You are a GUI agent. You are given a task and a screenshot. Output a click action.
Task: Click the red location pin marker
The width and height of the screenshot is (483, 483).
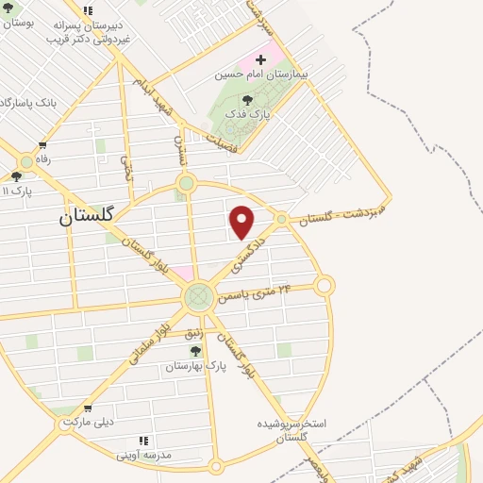(x=242, y=222)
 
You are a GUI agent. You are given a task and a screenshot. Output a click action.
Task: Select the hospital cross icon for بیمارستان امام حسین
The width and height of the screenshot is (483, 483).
(x=260, y=59)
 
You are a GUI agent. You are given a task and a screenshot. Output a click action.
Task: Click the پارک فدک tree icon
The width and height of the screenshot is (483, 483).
(x=247, y=99)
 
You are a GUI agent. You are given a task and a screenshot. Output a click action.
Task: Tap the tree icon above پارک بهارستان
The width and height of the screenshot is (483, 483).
(x=195, y=350)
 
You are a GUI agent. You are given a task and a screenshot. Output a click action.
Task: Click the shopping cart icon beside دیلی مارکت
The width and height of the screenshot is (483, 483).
(x=88, y=409)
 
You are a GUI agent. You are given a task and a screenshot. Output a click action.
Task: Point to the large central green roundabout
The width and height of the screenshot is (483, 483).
(x=198, y=298)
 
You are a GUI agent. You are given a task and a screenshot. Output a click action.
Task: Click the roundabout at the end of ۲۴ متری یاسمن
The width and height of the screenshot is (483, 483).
(x=325, y=285)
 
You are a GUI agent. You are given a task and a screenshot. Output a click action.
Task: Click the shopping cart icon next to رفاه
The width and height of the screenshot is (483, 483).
(x=42, y=145)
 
